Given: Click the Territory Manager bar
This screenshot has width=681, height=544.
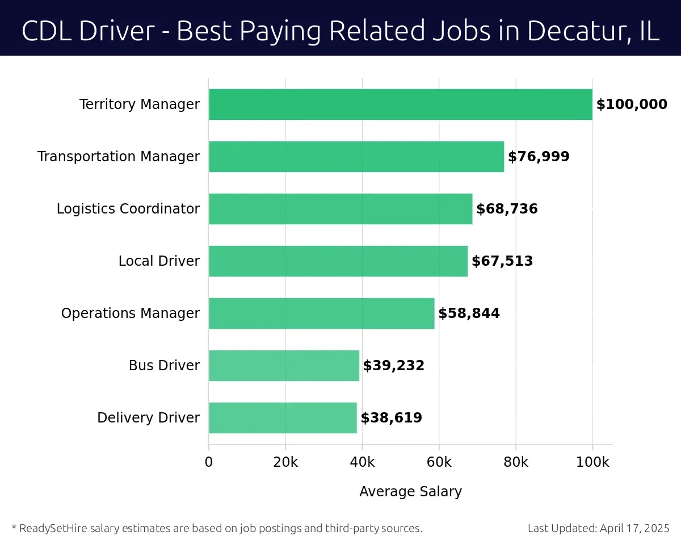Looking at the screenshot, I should [x=400, y=104].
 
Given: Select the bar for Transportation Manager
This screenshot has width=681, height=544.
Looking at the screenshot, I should [x=356, y=157].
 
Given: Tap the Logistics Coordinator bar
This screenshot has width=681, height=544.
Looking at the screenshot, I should [x=340, y=209].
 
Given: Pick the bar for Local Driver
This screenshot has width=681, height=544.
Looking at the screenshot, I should [x=338, y=261].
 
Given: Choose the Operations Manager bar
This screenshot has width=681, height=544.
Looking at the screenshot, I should [x=321, y=313].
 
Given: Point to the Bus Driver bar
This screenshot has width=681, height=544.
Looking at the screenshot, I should [x=284, y=366].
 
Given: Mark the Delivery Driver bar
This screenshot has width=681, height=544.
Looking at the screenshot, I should [x=283, y=418].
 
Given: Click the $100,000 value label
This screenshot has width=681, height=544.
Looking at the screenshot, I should [x=632, y=104].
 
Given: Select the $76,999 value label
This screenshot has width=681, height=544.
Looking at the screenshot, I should [x=539, y=157].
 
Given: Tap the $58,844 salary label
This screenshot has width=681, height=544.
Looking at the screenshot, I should [x=469, y=313].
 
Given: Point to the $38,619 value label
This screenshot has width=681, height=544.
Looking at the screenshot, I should [x=391, y=418].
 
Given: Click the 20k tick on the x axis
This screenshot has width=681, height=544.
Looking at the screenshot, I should [x=285, y=462].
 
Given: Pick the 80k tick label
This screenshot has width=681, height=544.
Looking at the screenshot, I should [x=516, y=462].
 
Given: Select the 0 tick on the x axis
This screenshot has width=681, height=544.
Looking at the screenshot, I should [x=209, y=462].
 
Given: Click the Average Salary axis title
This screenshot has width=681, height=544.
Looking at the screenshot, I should [x=410, y=492].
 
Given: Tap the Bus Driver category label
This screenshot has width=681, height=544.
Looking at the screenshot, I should [x=164, y=366].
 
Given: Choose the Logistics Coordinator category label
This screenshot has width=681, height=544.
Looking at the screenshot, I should [x=128, y=209].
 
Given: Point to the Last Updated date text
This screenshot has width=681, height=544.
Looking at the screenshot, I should [x=599, y=529].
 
